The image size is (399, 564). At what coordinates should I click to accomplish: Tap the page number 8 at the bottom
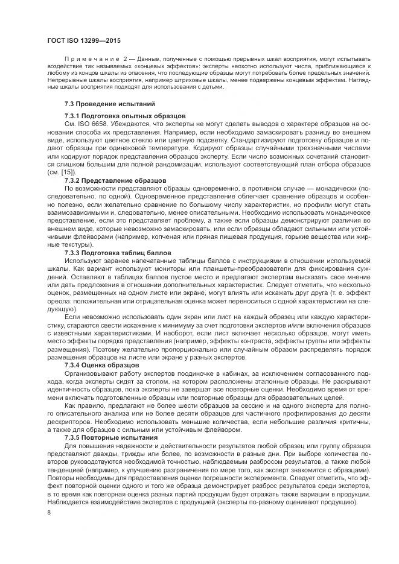(48, 513)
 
